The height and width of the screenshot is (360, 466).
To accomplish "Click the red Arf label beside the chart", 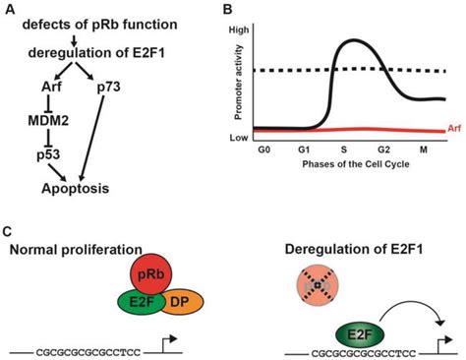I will tap(453, 128).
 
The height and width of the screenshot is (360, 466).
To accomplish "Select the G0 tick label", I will tap(263, 148).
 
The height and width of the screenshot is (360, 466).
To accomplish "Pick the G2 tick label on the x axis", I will tap(384, 148).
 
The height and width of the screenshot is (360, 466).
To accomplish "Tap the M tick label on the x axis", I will tap(424, 148).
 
